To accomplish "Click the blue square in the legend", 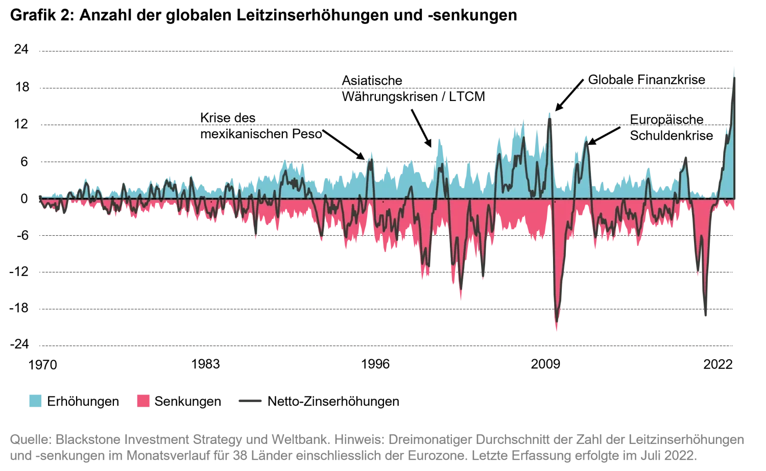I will [x=37, y=400].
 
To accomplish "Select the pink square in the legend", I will [x=143, y=400].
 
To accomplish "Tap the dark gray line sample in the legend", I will [x=251, y=400].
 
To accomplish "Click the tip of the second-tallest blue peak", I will [x=549, y=111].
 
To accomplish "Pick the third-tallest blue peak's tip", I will [x=525, y=120].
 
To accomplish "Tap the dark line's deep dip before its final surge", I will [x=706, y=316].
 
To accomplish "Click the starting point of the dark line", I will [x=39, y=194].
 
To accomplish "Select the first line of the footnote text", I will [x=378, y=439].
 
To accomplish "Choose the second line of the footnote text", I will [x=352, y=453].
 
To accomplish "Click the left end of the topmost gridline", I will [x=38, y=51].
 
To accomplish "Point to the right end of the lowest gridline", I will [x=734, y=345].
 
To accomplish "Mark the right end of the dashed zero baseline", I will [x=734, y=199].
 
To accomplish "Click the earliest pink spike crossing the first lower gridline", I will [x=255, y=239].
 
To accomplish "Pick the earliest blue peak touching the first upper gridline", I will [x=284, y=161].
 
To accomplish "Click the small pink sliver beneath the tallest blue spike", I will [x=733, y=207].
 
